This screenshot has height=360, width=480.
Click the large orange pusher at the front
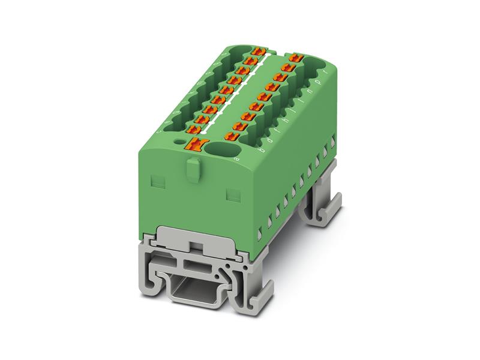pyautogui.click(x=195, y=145)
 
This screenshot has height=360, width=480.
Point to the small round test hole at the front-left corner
pyautogui.click(x=179, y=142)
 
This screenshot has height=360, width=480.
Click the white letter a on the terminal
pyautogui.click(x=236, y=160)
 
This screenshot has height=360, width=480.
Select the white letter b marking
pyautogui.click(x=261, y=151)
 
